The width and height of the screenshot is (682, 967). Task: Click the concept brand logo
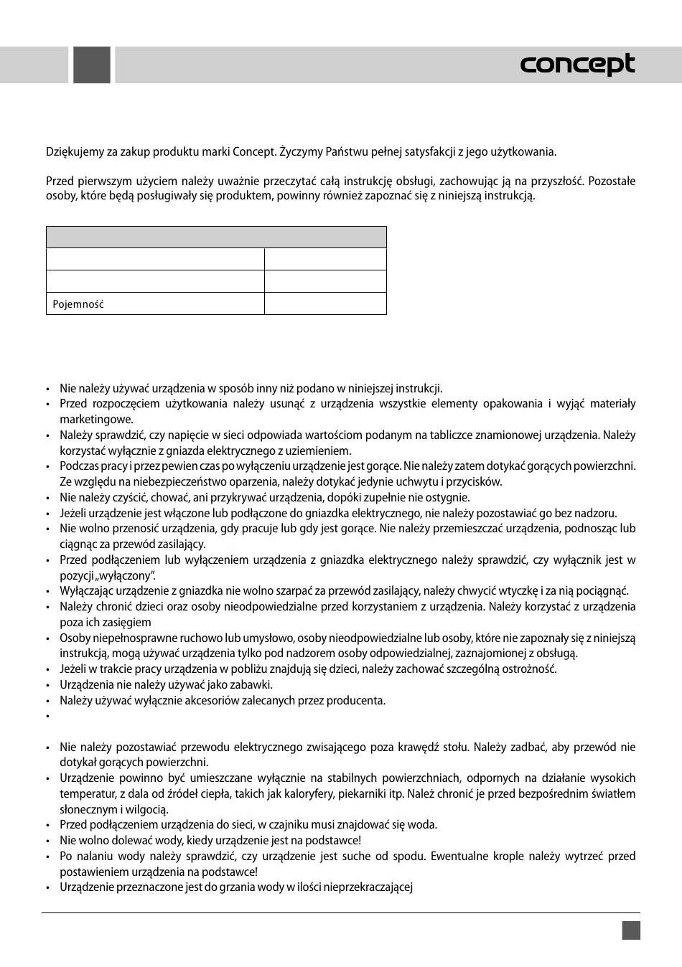coord(577,65)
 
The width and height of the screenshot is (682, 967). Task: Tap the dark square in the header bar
coord(92,65)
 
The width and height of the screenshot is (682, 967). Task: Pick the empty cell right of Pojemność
coord(325,303)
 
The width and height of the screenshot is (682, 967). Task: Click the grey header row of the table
coord(216,237)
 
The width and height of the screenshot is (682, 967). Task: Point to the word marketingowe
coord(96,420)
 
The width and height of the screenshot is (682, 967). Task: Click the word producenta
coord(358,700)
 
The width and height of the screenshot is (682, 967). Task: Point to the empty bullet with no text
coord(47,716)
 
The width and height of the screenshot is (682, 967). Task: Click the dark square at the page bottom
coord(631,930)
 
